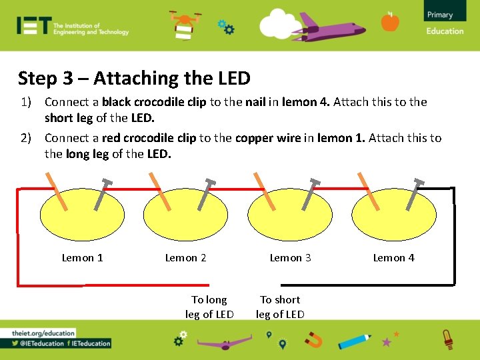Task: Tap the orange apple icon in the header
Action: click(x=390, y=22)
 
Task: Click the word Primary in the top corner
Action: click(x=440, y=15)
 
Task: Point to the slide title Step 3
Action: click(x=134, y=78)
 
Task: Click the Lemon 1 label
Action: click(x=82, y=258)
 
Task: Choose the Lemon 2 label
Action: click(x=185, y=258)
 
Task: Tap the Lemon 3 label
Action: click(x=290, y=258)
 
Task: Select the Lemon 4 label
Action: click(x=393, y=258)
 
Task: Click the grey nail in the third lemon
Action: click(x=311, y=194)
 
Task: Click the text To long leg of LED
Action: click(x=209, y=307)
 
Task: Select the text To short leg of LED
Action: click(x=280, y=307)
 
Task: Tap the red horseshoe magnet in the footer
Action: click(x=313, y=341)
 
